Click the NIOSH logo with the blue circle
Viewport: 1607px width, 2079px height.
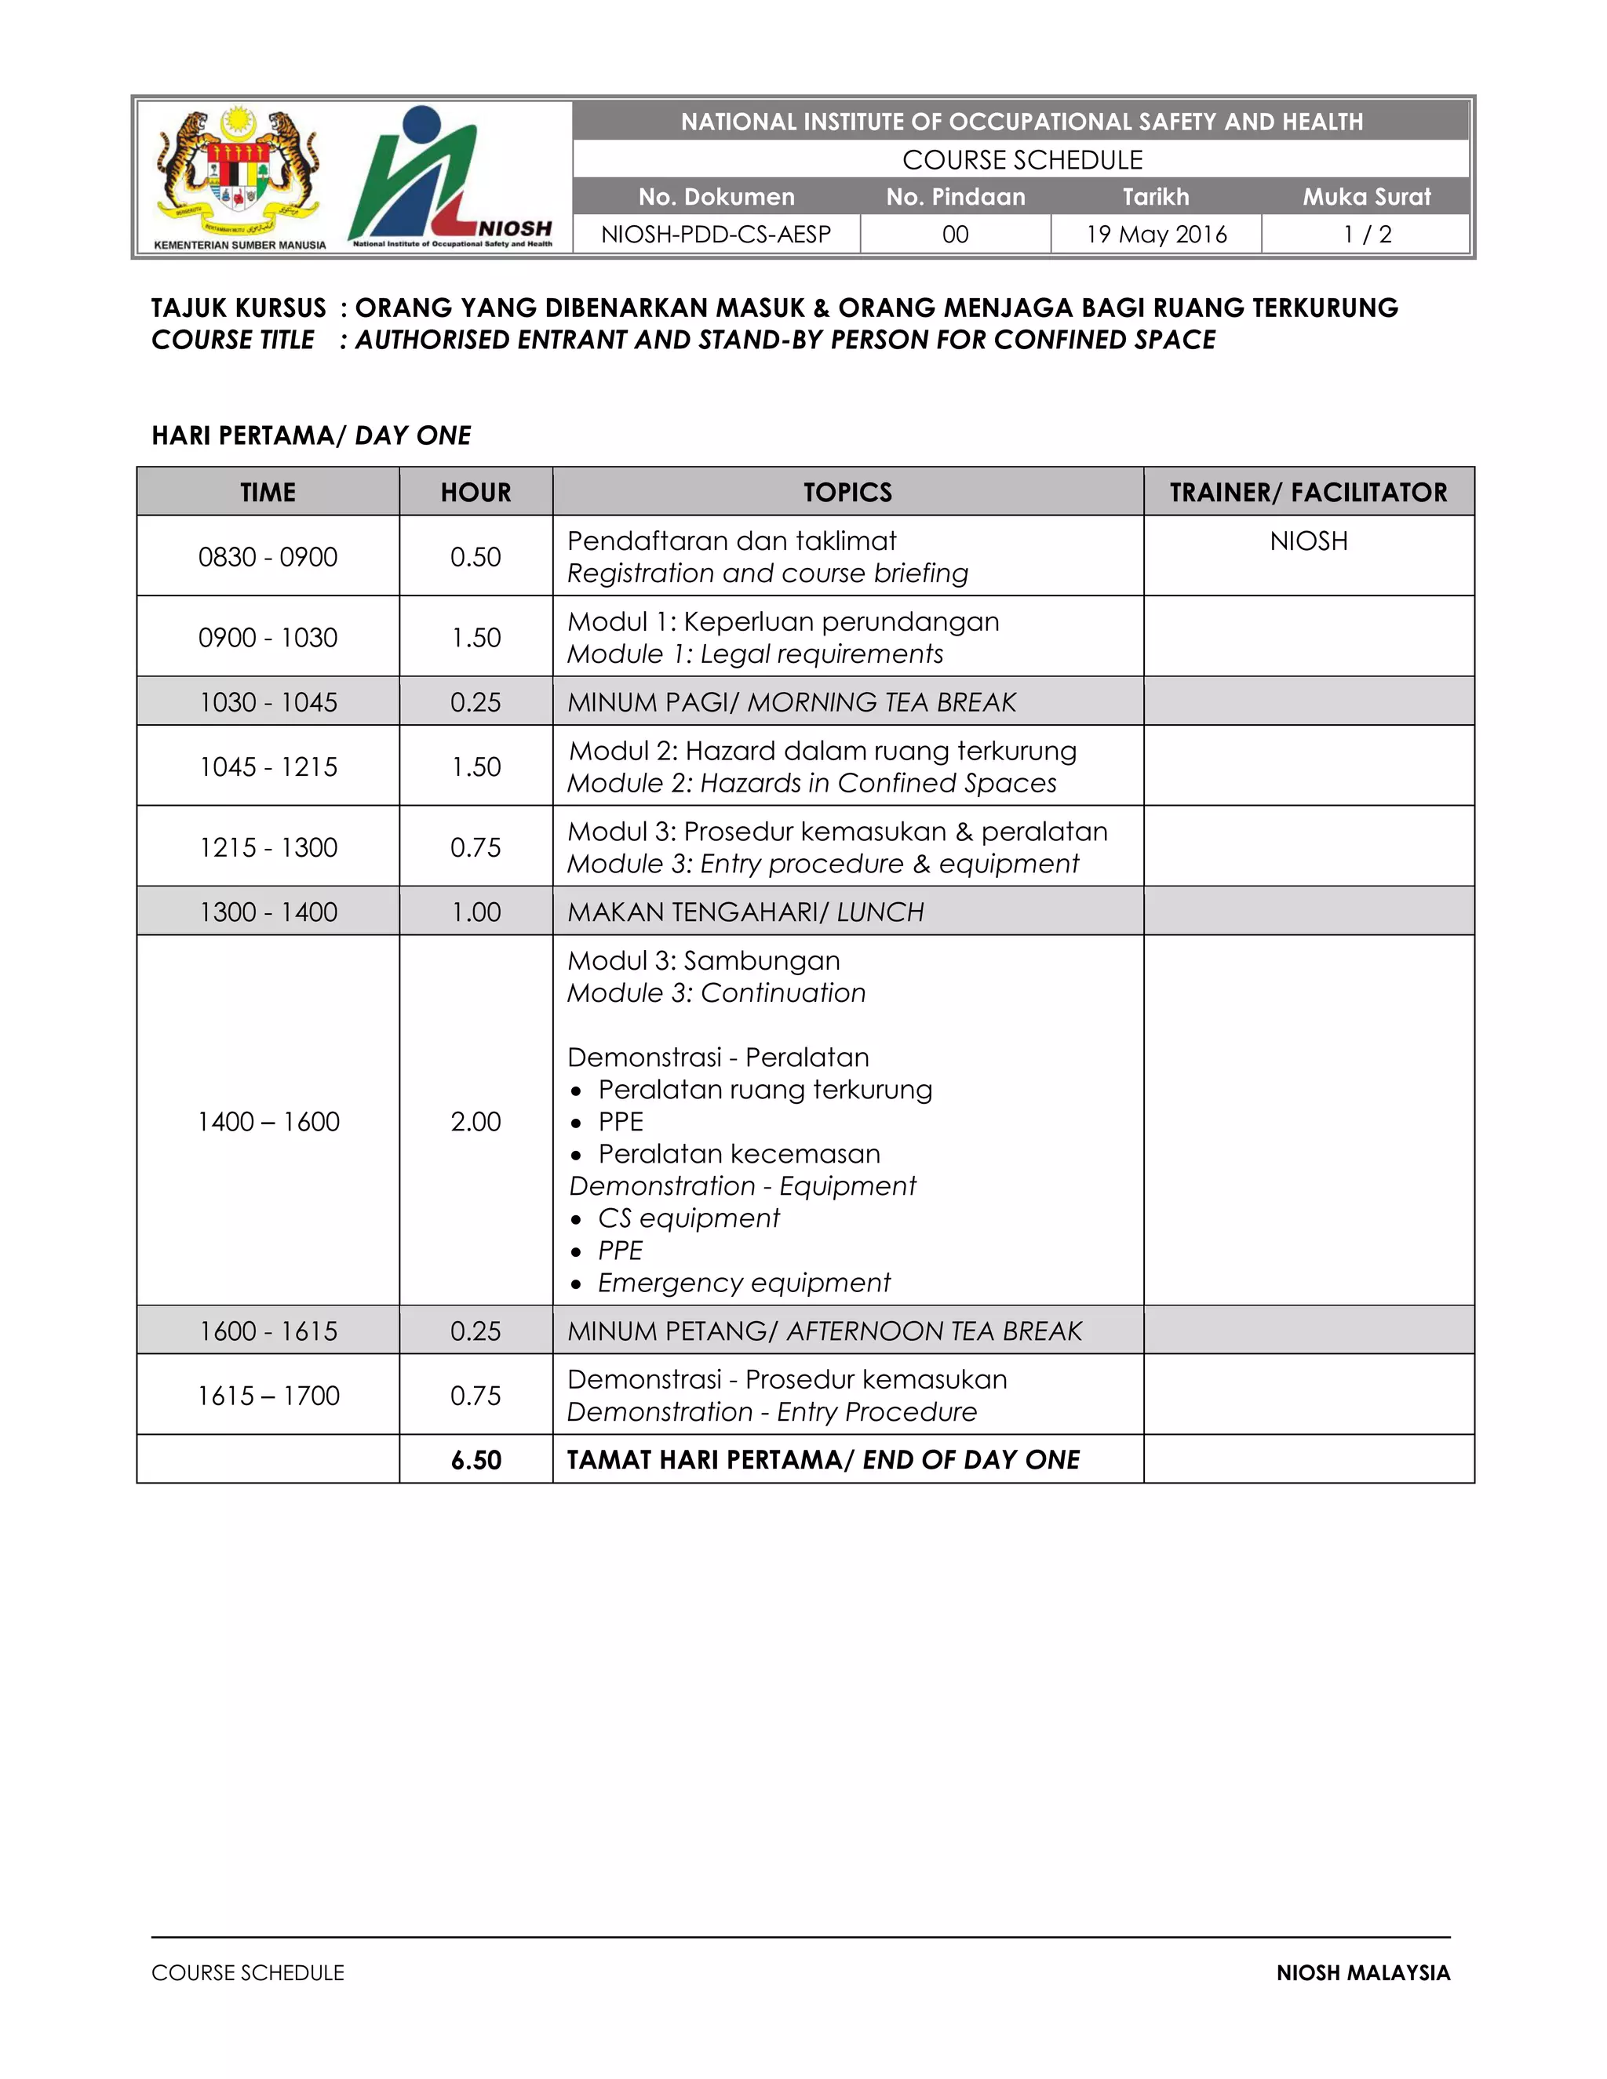(450, 178)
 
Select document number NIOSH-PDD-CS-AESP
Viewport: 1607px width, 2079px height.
(716, 234)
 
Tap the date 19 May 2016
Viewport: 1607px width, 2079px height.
(1156, 234)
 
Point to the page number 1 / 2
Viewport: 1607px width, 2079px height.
(1366, 234)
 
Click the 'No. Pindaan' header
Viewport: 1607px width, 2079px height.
(955, 197)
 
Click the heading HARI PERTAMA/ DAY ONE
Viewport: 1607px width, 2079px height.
(312, 435)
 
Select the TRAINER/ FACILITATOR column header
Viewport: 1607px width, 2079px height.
(1308, 492)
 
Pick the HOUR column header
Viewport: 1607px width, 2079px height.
(475, 492)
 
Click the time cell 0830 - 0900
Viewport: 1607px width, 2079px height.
(268, 557)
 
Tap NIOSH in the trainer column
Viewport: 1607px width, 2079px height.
(1308, 541)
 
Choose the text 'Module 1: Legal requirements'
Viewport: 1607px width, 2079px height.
(755, 654)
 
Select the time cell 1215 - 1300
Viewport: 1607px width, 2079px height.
(268, 847)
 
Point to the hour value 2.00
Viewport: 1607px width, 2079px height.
(475, 1121)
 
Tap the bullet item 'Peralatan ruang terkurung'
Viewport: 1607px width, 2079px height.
(764, 1089)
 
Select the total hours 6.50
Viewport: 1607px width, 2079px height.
(475, 1459)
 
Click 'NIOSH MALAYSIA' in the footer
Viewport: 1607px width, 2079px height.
(1362, 1972)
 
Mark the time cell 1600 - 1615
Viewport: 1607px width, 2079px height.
(268, 1331)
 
